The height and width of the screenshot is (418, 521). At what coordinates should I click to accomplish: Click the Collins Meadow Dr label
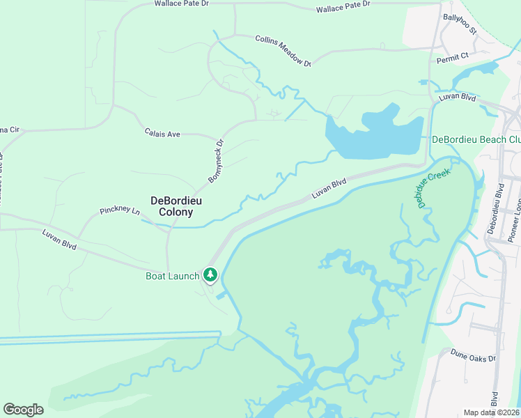pyautogui.click(x=283, y=51)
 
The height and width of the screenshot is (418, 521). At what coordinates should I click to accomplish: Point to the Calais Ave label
pyautogui.click(x=162, y=132)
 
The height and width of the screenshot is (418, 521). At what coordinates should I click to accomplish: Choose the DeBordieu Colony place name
pyautogui.click(x=172, y=206)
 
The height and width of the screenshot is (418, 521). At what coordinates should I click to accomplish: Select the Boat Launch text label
pyautogui.click(x=172, y=276)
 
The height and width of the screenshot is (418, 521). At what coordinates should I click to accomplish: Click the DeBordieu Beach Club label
pyautogui.click(x=476, y=139)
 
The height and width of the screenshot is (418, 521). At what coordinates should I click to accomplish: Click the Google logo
pyautogui.click(x=23, y=409)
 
